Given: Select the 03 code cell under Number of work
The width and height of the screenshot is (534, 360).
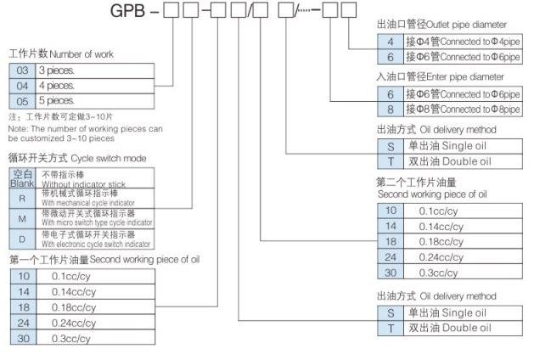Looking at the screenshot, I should pyautogui.click(x=21, y=70).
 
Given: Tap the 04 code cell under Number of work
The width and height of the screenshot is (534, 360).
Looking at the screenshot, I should pyautogui.click(x=21, y=84).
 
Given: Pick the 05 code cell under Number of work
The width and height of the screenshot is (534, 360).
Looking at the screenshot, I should pyautogui.click(x=21, y=98).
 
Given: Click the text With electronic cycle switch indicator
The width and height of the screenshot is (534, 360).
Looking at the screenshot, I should pyautogui.click(x=98, y=239).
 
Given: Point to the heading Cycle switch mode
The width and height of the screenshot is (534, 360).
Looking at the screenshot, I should pyautogui.click(x=103, y=158).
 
